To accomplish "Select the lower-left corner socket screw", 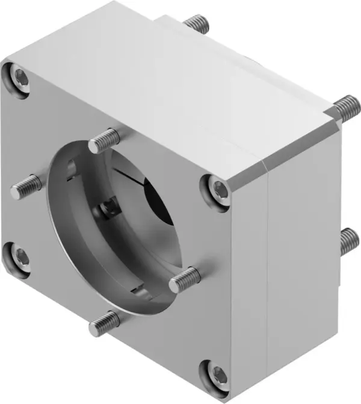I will (20, 255).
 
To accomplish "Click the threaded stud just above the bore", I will (103, 142).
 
